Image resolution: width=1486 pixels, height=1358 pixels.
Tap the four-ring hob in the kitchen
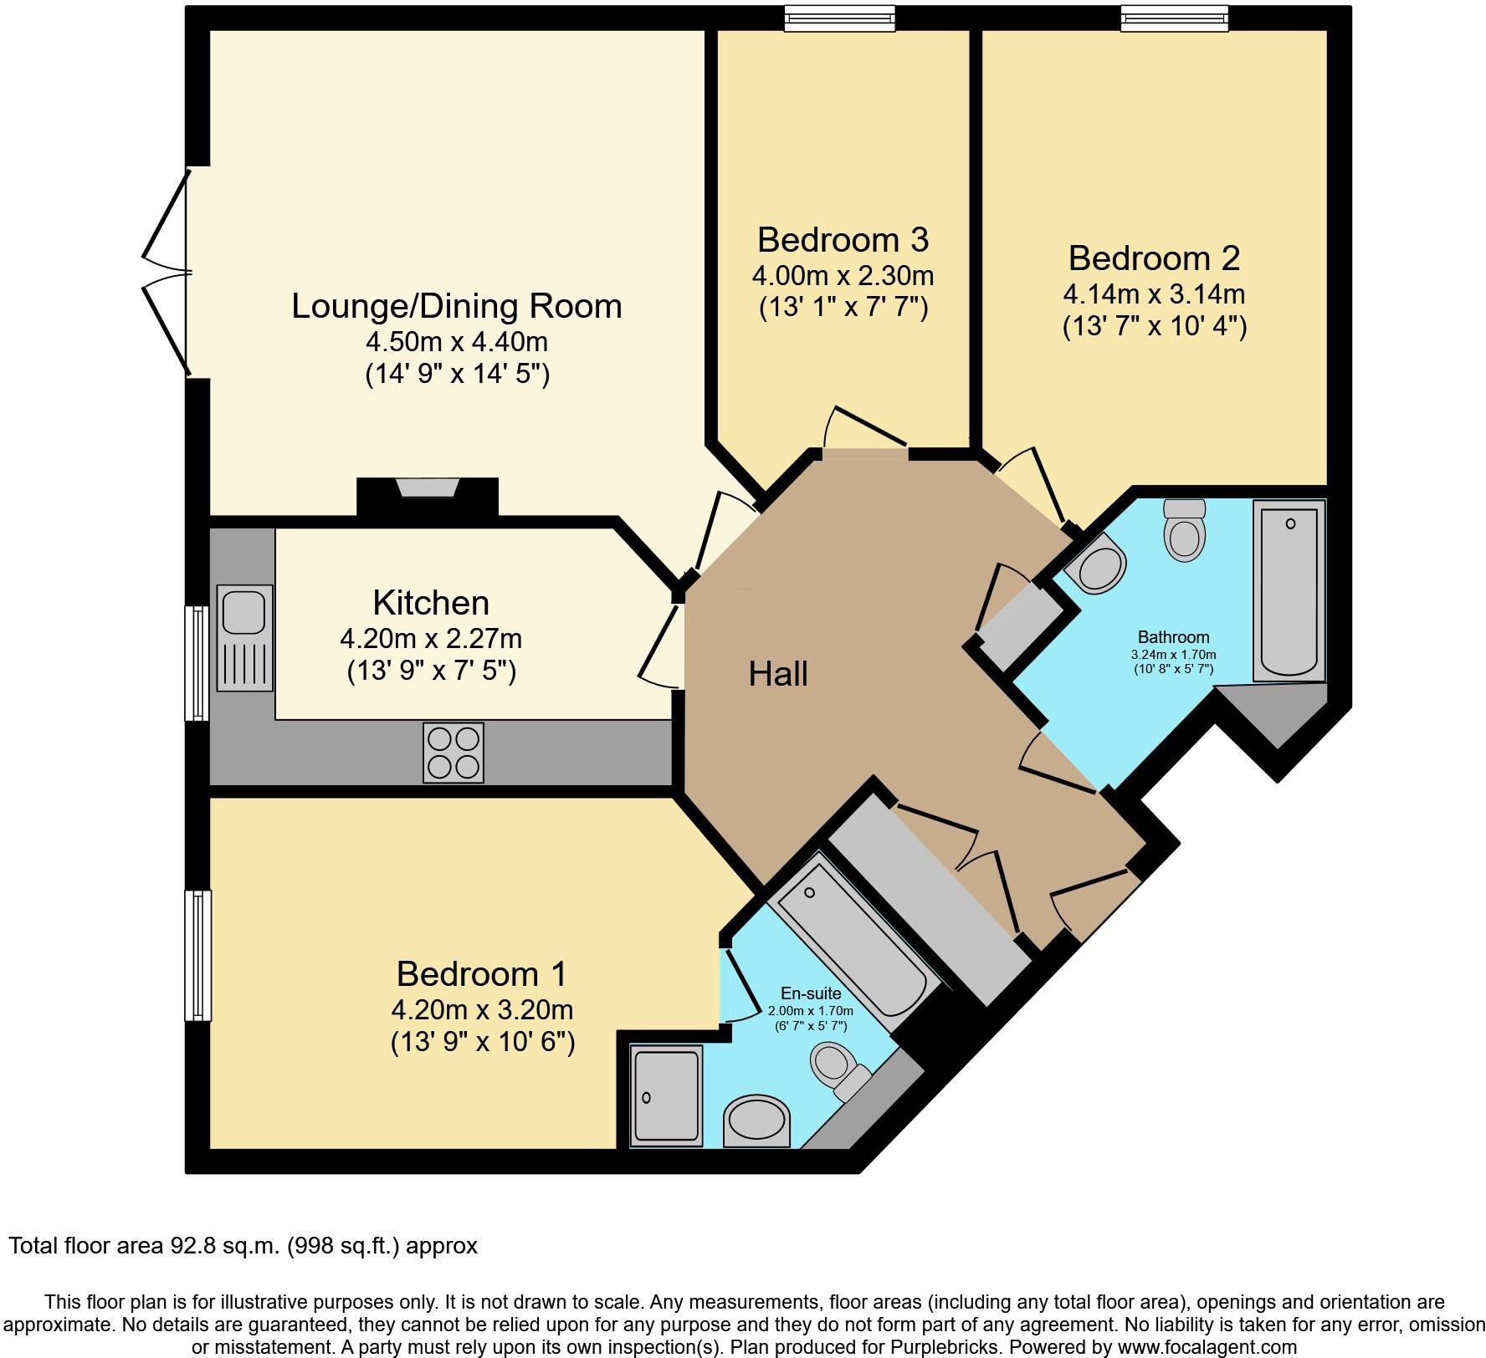[453, 753]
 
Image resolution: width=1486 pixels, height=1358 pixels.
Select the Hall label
[777, 674]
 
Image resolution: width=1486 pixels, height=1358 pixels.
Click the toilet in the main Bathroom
[1184, 531]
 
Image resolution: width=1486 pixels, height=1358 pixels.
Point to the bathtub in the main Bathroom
[1289, 590]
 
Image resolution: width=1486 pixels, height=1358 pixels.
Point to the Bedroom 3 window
[839, 18]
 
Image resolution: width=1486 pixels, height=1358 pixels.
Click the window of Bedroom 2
[1174, 18]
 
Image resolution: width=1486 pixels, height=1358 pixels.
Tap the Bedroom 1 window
[197, 955]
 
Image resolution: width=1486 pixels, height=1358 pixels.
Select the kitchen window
[197, 663]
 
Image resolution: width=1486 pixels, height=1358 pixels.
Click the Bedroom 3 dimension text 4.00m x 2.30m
[843, 275]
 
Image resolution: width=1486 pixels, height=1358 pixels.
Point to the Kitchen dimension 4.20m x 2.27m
[431, 639]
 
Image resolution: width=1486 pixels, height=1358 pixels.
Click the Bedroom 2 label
[1154, 258]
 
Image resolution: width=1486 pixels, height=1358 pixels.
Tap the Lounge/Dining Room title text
[457, 305]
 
